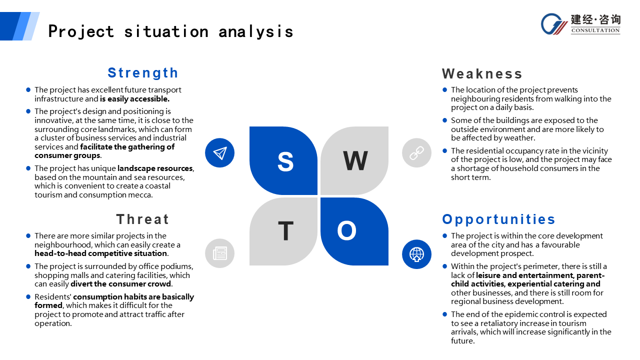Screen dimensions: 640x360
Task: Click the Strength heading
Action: [143, 73]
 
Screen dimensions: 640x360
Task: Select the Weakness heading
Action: [482, 73]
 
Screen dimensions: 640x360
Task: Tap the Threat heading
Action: [142, 219]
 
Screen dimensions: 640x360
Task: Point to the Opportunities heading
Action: [498, 219]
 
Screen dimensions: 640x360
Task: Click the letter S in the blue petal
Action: [285, 161]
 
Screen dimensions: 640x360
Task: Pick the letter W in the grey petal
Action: [355, 160]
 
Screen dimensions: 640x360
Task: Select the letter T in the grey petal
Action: [285, 231]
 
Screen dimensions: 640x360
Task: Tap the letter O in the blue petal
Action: [346, 230]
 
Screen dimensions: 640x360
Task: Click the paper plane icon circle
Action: [219, 153]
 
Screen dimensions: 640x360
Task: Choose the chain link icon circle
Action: [416, 153]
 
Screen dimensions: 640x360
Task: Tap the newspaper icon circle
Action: [219, 253]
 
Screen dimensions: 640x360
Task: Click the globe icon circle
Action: [416, 254]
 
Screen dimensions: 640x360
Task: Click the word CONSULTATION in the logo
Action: [595, 30]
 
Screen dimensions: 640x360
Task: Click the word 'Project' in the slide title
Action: [81, 31]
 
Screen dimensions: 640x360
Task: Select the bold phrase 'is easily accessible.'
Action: [134, 99]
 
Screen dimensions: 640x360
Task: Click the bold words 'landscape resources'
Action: [155, 168]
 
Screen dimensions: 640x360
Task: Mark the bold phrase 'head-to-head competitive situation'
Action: [101, 253]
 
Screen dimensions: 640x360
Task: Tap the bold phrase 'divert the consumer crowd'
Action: [121, 284]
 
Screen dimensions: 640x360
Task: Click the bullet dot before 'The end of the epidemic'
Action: [444, 314]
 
